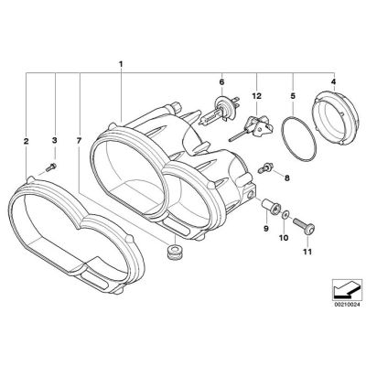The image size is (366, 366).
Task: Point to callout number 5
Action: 293,93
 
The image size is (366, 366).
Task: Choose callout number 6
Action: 221,81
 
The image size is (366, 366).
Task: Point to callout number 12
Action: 257,95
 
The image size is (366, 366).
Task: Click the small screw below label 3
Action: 52,167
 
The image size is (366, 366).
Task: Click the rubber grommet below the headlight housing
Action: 169,250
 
